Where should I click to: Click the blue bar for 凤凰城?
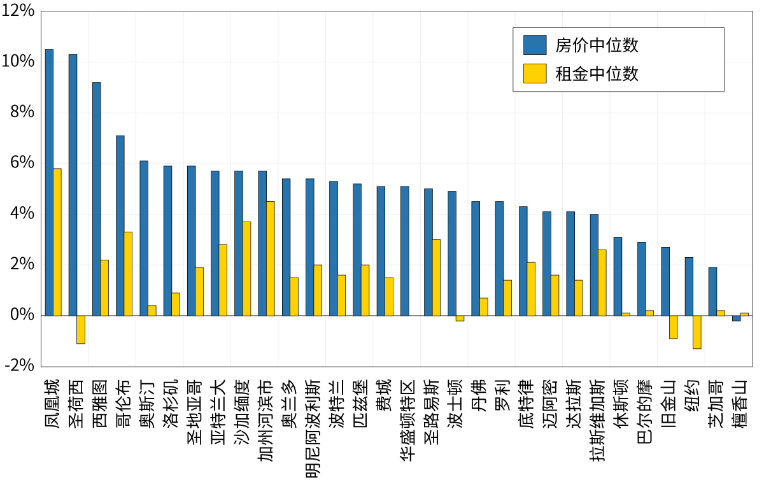(x=49, y=182)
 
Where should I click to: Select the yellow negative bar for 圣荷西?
(x=81, y=329)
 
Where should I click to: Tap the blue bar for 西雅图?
(x=96, y=199)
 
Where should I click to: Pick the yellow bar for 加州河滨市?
(x=271, y=258)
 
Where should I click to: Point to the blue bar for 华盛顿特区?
(x=404, y=251)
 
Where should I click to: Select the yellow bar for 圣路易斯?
(x=436, y=278)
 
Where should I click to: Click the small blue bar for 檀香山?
(x=736, y=318)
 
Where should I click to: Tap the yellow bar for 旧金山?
(x=673, y=327)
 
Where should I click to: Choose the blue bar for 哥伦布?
(x=120, y=225)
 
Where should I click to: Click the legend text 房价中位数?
(x=597, y=45)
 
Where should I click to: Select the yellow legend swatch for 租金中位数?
(x=535, y=74)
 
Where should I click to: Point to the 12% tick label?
(x=18, y=11)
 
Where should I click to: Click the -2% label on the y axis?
(x=18, y=365)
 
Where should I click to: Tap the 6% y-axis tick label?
(x=22, y=163)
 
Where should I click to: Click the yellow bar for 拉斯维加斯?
(x=602, y=283)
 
